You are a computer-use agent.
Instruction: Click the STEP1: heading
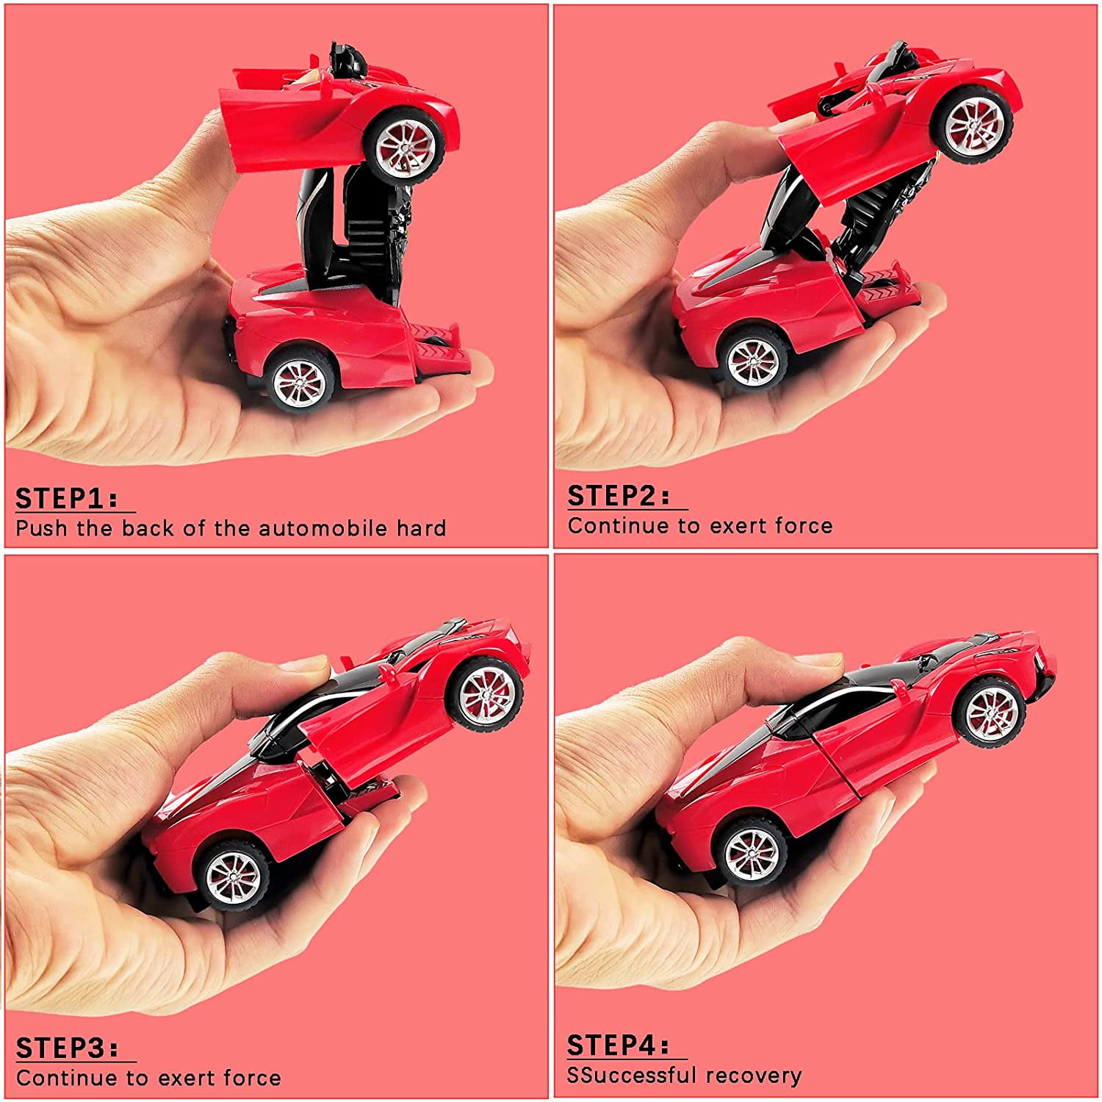pos(66,498)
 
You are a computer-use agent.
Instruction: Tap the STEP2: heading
pos(619,496)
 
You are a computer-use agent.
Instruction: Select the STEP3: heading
pos(67,1048)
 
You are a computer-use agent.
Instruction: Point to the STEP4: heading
pos(618,1045)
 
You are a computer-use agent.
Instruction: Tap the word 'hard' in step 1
pos(421,528)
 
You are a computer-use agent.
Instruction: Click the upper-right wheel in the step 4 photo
pos(992,711)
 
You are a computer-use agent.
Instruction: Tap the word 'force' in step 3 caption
pos(252,1078)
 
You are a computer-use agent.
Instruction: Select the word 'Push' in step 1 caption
pos(42,528)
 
